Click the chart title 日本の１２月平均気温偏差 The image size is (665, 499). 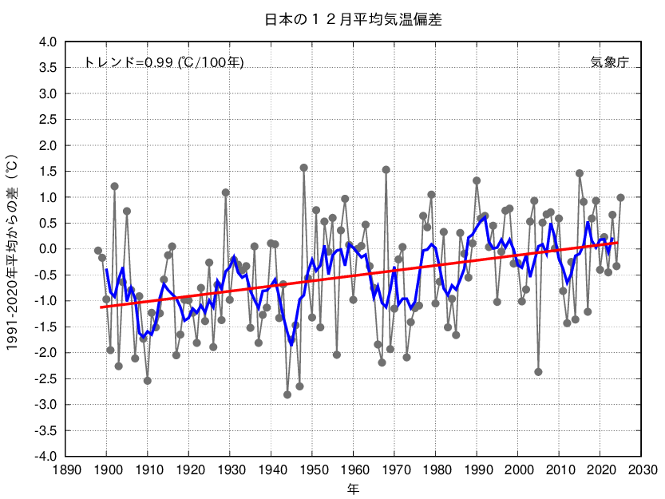352,18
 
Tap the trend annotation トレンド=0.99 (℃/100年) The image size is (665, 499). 164,62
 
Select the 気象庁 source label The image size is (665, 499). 609,62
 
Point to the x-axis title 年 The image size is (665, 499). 352,487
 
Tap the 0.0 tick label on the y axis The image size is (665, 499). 48,249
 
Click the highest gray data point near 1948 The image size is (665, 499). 304,168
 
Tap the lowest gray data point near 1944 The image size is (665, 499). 287,394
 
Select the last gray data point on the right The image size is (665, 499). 620,198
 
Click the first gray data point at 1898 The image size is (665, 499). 98,251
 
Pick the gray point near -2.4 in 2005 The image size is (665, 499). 538,372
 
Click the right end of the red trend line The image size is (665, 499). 617,243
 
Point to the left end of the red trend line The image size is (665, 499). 101,307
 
